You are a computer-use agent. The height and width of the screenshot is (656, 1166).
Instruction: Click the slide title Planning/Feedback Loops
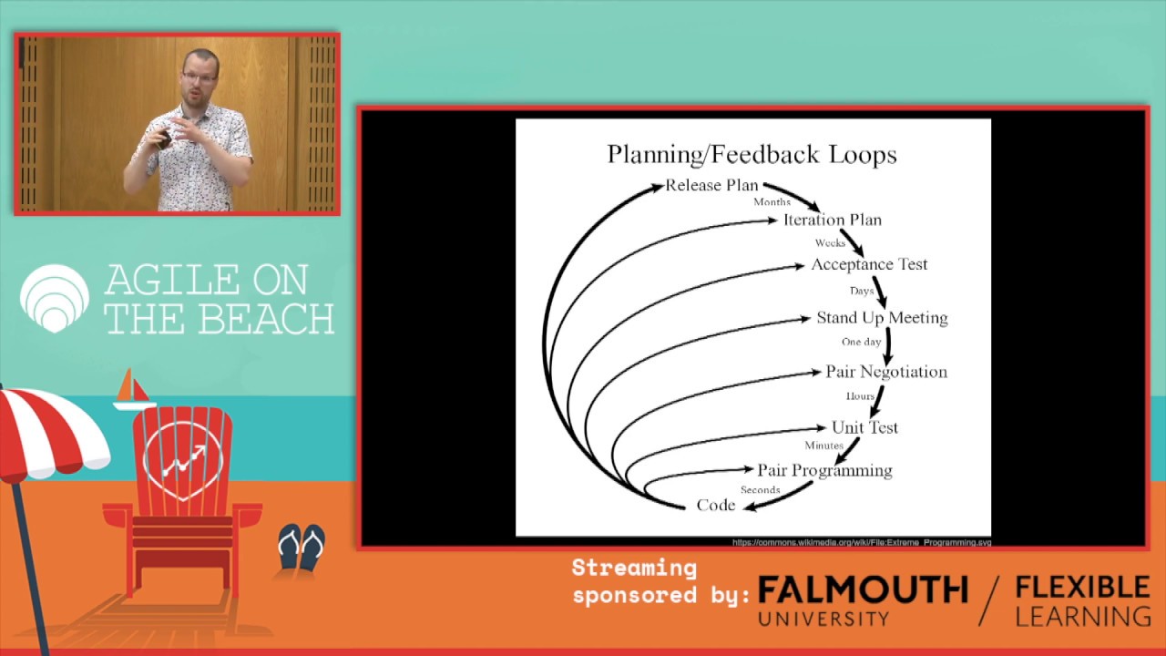point(752,154)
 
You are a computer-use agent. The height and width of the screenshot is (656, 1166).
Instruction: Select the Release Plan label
point(711,185)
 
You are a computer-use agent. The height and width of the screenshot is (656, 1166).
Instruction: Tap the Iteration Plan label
point(832,220)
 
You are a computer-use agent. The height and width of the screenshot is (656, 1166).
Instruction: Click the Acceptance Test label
point(869,264)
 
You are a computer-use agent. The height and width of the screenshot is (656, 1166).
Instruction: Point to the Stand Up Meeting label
point(882,317)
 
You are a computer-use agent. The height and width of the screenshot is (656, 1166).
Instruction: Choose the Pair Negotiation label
point(885,372)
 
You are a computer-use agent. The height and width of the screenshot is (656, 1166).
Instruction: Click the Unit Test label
point(864,426)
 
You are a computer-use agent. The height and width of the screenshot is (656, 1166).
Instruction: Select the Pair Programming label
point(824,470)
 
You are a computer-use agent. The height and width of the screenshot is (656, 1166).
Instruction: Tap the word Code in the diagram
point(715,505)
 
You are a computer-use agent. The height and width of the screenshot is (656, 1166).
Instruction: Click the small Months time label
point(772,201)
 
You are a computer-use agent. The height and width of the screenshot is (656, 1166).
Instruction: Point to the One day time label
point(861,342)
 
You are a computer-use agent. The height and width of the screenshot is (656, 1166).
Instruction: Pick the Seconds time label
point(760,490)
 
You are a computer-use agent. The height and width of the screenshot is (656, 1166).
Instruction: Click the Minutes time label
point(823,446)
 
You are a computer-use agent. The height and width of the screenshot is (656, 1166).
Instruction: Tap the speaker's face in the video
point(199,77)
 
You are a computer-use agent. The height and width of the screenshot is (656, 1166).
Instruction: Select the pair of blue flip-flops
point(302,546)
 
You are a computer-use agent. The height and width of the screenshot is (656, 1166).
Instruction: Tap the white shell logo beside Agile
point(55,297)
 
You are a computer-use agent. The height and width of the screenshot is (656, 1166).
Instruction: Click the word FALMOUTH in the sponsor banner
point(862,590)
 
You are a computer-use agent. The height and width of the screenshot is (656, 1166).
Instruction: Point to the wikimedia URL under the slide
point(861,542)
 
